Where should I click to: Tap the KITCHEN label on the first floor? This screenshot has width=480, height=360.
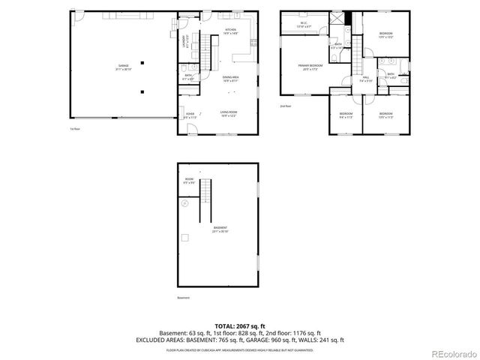tap(230, 31)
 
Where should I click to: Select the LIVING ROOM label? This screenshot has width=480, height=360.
tap(229, 113)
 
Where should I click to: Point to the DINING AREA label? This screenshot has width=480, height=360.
tap(230, 78)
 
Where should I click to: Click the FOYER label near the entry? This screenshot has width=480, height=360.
tap(190, 115)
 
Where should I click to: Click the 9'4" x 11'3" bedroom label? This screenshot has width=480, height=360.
tap(346, 115)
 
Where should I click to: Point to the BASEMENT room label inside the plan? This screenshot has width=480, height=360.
tap(220, 229)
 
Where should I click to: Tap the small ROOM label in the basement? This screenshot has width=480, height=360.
tap(189, 180)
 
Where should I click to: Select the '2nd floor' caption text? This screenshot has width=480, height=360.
tap(285, 106)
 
